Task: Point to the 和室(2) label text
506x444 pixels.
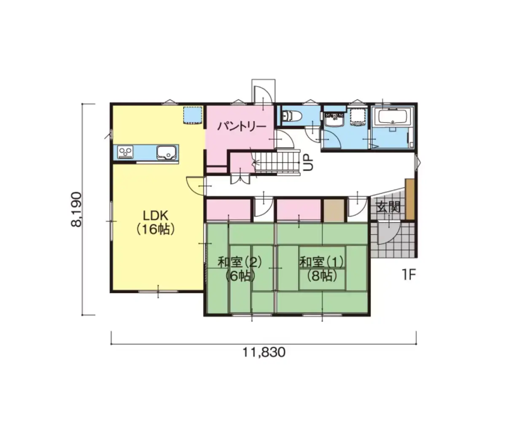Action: pos(240,262)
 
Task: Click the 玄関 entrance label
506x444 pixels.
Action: pos(388,207)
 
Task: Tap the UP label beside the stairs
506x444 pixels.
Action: pos(308,162)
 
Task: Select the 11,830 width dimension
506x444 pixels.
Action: pos(264,353)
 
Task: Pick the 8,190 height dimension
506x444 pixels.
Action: pos(77,209)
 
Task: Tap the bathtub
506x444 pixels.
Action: pos(393,116)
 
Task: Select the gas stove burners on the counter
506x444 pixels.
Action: pos(125,152)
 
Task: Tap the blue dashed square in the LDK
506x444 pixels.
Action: pos(192,115)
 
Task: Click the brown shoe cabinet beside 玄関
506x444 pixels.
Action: pos(409,199)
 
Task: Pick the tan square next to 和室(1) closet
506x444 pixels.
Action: pos(334,210)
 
